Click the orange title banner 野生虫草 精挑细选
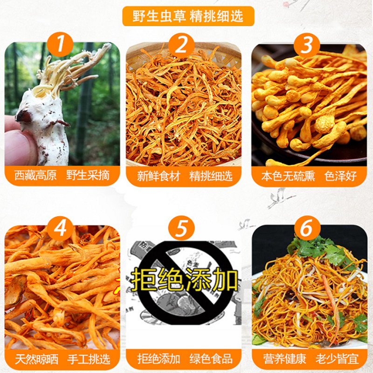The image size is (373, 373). coord(188,16)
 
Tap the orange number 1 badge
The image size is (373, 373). coord(60,44)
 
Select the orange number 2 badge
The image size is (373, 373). coord(181,45)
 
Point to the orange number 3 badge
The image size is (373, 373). coord(307,45)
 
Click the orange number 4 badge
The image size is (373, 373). coord(60,228)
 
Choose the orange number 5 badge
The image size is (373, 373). coord(181,228)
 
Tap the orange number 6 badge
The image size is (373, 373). coord(307,228)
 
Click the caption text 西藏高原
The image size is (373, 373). coord(35,176)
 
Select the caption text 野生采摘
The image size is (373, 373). coord(88,176)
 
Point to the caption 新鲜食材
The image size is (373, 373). coord(159,176)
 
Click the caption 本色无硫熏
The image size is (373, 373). coord(288,176)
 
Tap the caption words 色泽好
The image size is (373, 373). coord(340,176)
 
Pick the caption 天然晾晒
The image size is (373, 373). coord(37,359)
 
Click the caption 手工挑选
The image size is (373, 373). coord(89,359)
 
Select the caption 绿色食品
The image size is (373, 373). coord(211,359)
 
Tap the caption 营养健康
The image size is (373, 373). coord(284,359)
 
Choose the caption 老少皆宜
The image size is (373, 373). coord(337,359)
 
